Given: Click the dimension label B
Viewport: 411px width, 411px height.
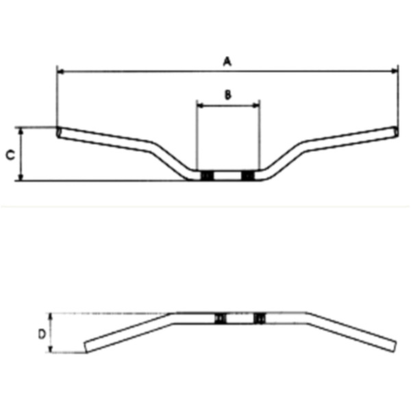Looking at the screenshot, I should pyautogui.click(x=228, y=95).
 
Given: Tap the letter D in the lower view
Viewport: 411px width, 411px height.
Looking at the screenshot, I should pyautogui.click(x=41, y=334).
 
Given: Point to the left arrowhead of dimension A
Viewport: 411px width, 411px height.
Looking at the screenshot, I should pyautogui.click(x=60, y=70).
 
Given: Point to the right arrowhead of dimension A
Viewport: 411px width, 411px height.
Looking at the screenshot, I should pyautogui.click(x=395, y=70).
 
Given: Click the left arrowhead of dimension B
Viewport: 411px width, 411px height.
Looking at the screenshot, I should pyautogui.click(x=199, y=105).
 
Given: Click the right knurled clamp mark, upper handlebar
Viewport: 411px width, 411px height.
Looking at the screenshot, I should pyautogui.click(x=247, y=176).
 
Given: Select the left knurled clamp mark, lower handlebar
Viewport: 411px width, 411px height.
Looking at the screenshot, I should pyautogui.click(x=220, y=319).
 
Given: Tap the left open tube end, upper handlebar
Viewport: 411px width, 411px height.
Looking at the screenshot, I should pyautogui.click(x=58, y=131).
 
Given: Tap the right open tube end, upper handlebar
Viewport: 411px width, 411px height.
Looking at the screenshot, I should pyautogui.click(x=395, y=130).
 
